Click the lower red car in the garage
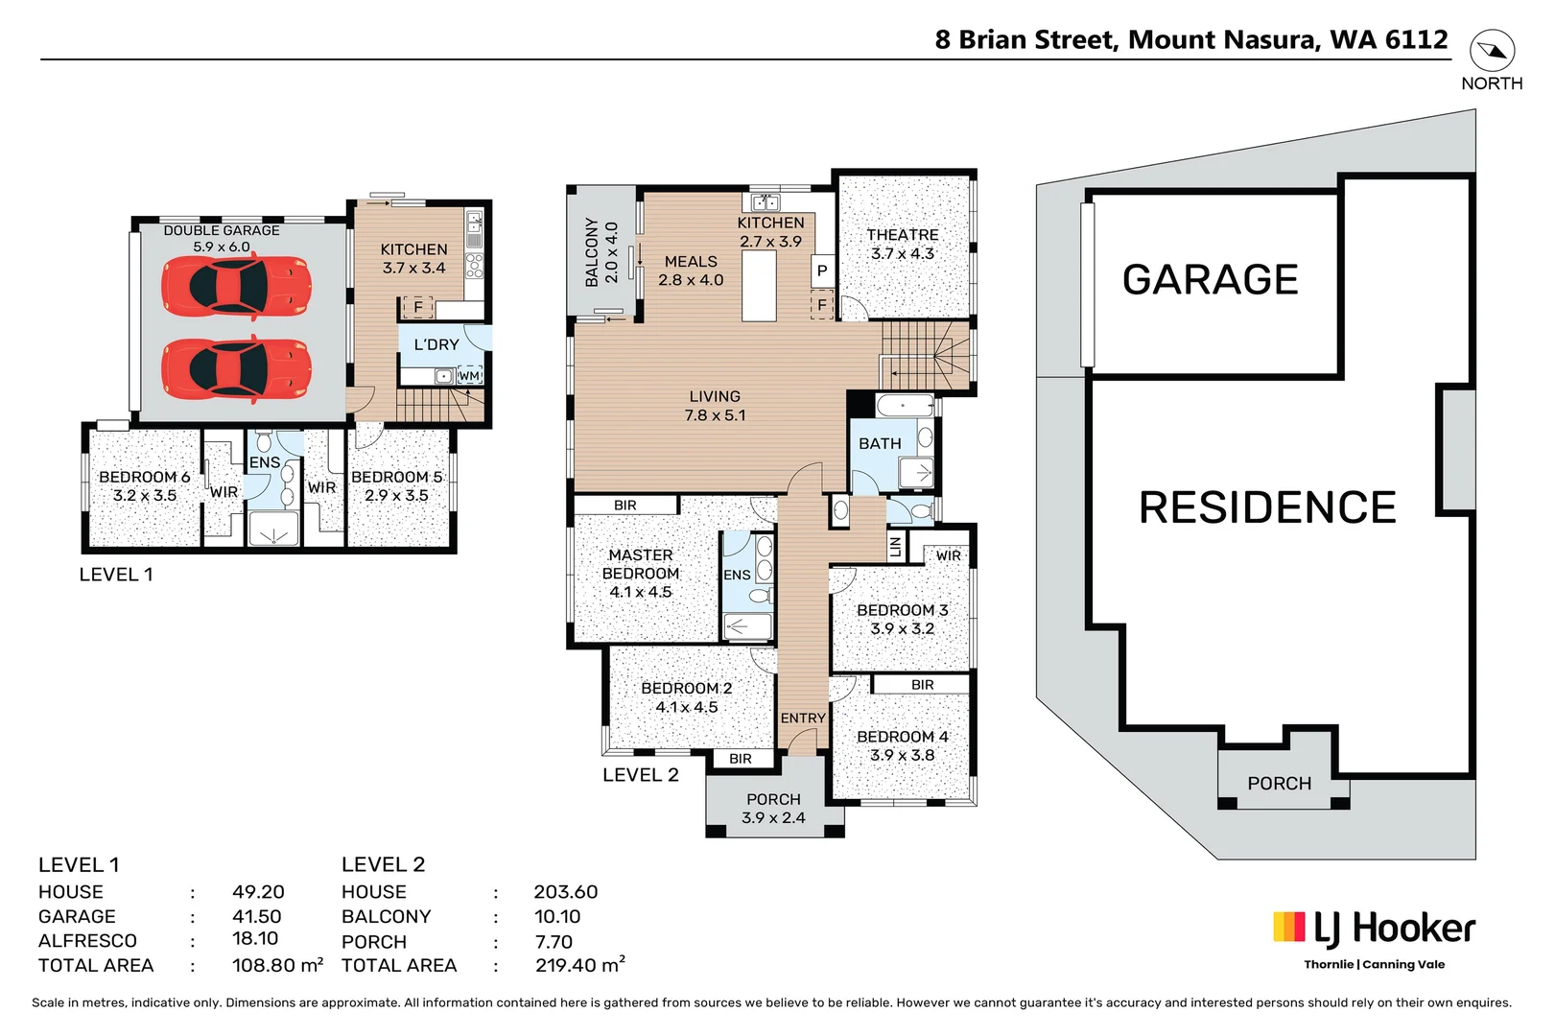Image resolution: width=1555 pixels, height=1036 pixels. [236, 370]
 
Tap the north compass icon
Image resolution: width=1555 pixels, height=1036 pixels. [1492, 51]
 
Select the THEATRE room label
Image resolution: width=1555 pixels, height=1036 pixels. [902, 235]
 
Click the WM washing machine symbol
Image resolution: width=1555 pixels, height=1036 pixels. [469, 376]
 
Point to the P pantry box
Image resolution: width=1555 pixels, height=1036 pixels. [822, 271]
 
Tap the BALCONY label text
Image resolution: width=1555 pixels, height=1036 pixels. [592, 252]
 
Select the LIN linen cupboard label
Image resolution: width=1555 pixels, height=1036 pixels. [896, 547]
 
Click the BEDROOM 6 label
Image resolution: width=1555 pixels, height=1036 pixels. [144, 477]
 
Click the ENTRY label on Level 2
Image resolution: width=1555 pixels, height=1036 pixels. [803, 718]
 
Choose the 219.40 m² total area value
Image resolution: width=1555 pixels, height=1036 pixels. [579, 965]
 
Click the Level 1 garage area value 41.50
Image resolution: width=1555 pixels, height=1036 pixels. [257, 916]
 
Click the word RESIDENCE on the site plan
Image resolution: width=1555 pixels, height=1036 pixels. [1267, 507]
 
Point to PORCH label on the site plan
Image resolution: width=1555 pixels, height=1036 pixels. [1279, 784]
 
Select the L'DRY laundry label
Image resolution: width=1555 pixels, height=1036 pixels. [436, 344]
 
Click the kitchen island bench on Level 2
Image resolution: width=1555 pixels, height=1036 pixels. [759, 285]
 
